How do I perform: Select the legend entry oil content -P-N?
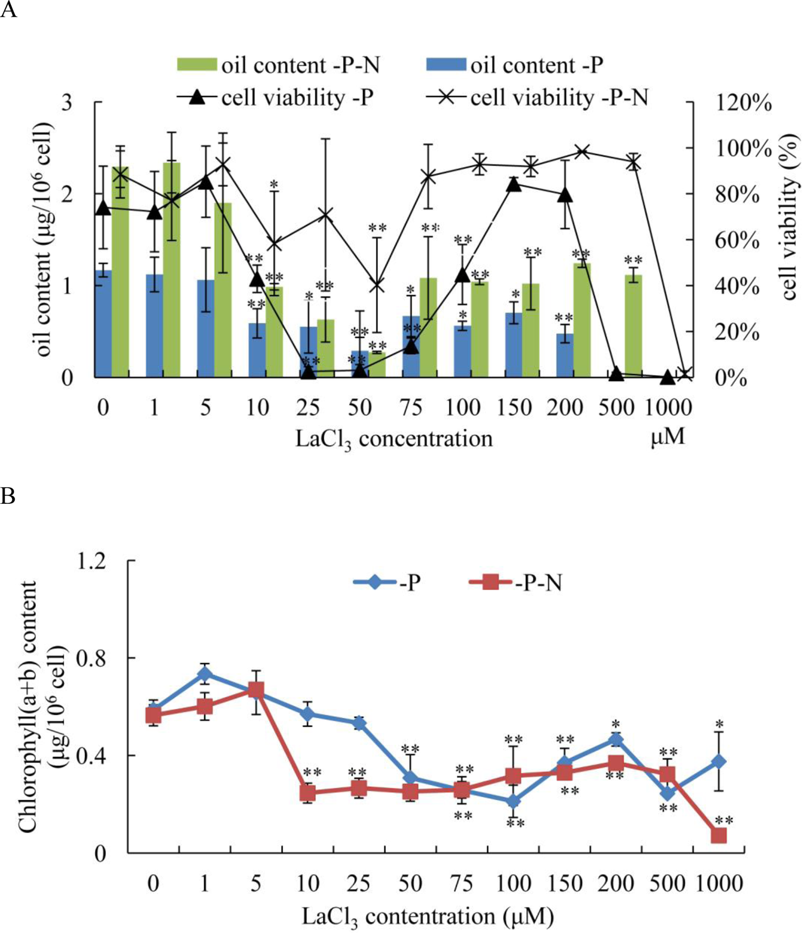pos(277,65)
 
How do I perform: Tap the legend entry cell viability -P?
pos(275,97)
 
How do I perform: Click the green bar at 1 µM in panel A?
pos(171,270)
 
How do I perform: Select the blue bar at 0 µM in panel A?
pos(103,324)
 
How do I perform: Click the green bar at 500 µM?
pos(633,326)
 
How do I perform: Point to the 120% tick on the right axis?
pos(742,103)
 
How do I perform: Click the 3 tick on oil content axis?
pos(67,102)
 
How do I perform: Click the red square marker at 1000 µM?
pos(719,836)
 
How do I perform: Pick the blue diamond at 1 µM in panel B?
pos(205,674)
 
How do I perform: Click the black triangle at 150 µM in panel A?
pos(514,184)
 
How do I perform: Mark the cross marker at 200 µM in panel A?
pos(583,152)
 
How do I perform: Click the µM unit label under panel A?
pos(667,437)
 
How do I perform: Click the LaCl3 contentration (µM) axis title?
pos(427,916)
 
